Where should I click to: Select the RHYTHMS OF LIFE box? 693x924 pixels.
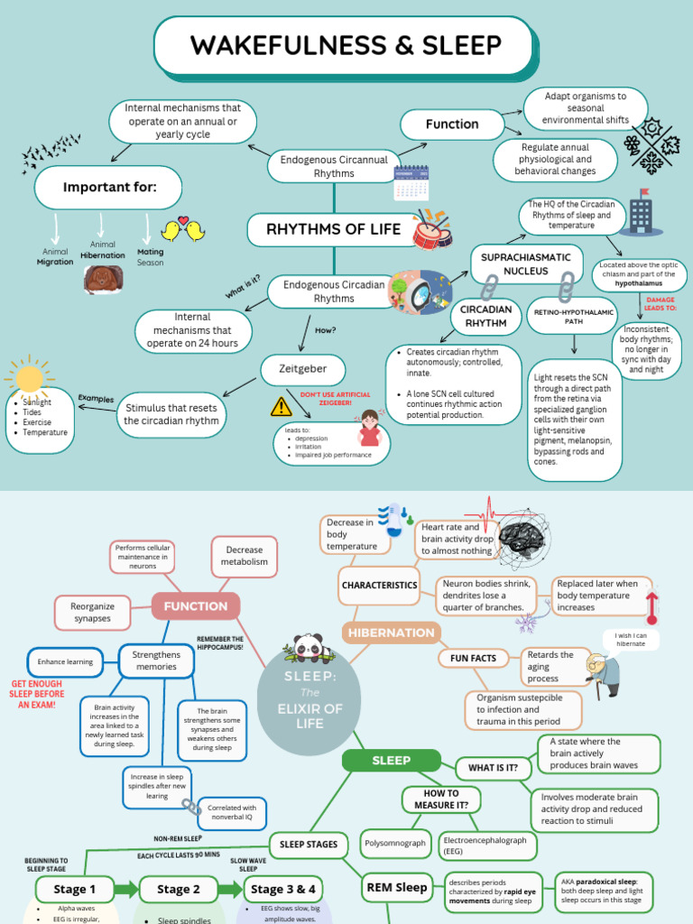click(333, 229)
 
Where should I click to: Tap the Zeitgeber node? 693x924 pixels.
click(303, 369)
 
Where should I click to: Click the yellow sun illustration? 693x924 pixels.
click(29, 377)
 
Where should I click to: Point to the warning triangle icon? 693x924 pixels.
click(282, 407)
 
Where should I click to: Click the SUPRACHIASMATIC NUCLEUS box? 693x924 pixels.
click(525, 263)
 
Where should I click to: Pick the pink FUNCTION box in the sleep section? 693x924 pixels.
click(195, 606)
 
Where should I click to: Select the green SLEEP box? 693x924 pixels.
click(391, 761)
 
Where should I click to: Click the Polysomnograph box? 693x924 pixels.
click(395, 844)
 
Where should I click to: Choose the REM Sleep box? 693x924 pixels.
click(396, 888)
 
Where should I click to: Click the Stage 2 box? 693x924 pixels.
click(179, 889)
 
